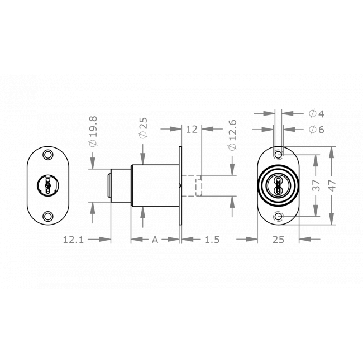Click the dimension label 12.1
tap(73, 240)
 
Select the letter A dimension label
tap(155, 240)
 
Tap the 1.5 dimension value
tap(212, 240)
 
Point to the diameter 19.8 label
tap(93, 132)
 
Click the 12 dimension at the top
tap(192, 129)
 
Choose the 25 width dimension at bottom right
tap(278, 240)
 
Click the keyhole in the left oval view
tap(48, 184)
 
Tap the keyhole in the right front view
tap(278, 185)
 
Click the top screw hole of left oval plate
tap(48, 152)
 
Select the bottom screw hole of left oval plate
tap(48, 216)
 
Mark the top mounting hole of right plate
tap(278, 154)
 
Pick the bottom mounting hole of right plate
tap(278, 216)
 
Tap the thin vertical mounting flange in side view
tap(180, 186)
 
